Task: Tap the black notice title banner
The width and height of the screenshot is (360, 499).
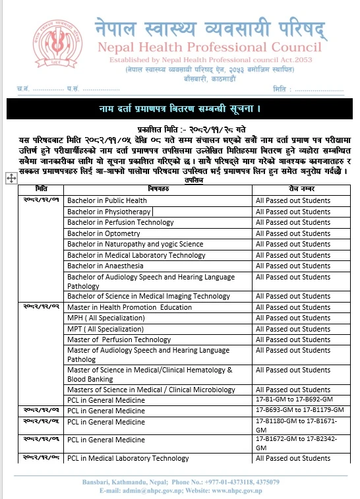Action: [179, 107]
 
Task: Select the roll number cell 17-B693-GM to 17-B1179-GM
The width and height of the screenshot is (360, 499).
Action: [299, 410]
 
